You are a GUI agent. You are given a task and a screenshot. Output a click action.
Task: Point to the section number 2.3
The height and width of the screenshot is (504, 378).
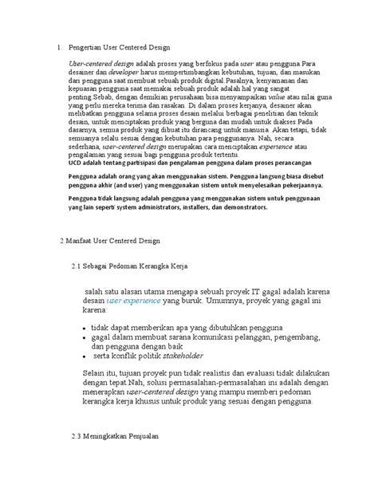78,437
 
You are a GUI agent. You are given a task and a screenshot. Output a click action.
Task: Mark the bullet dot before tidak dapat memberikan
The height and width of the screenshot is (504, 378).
85,328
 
